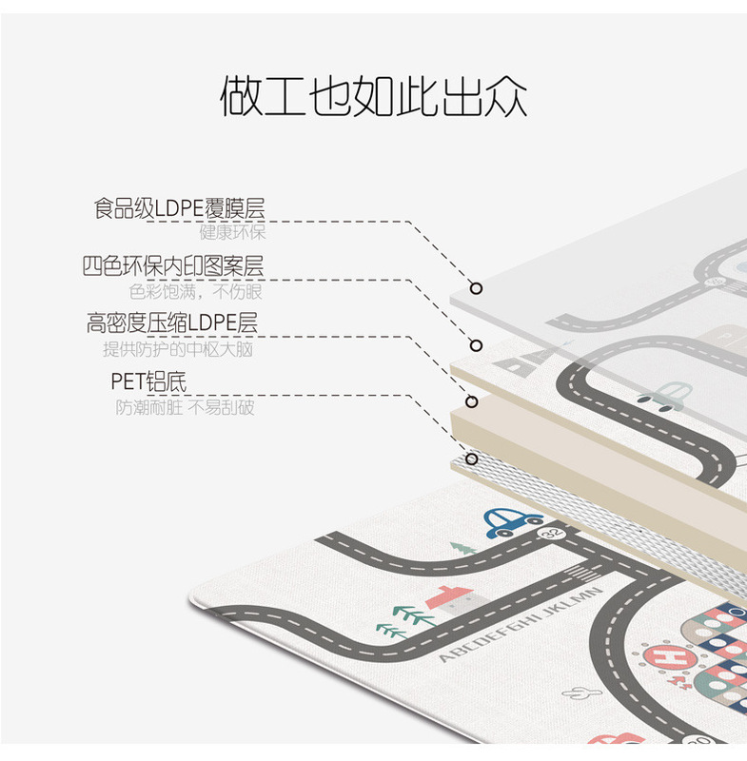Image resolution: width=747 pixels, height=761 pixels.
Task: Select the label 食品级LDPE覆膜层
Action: coord(179,208)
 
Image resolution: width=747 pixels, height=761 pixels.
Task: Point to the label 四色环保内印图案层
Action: coord(173,265)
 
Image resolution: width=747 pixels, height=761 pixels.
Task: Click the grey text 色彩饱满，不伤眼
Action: coord(197,291)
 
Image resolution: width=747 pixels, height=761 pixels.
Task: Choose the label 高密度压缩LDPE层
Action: coord(171,323)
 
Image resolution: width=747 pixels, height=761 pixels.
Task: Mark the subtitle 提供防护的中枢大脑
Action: coord(179,349)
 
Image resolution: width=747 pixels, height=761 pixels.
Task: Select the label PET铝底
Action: coord(148,382)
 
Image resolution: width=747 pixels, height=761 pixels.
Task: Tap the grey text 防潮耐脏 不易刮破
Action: coord(186,408)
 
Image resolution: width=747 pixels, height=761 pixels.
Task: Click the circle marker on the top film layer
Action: coord(477,288)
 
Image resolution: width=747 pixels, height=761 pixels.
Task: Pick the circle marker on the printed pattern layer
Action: coord(477,345)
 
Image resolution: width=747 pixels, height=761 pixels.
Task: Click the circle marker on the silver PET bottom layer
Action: coord(470,459)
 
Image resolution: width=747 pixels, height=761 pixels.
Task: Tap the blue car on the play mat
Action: coord(512,521)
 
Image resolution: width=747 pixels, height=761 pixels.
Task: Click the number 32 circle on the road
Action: coord(549,536)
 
